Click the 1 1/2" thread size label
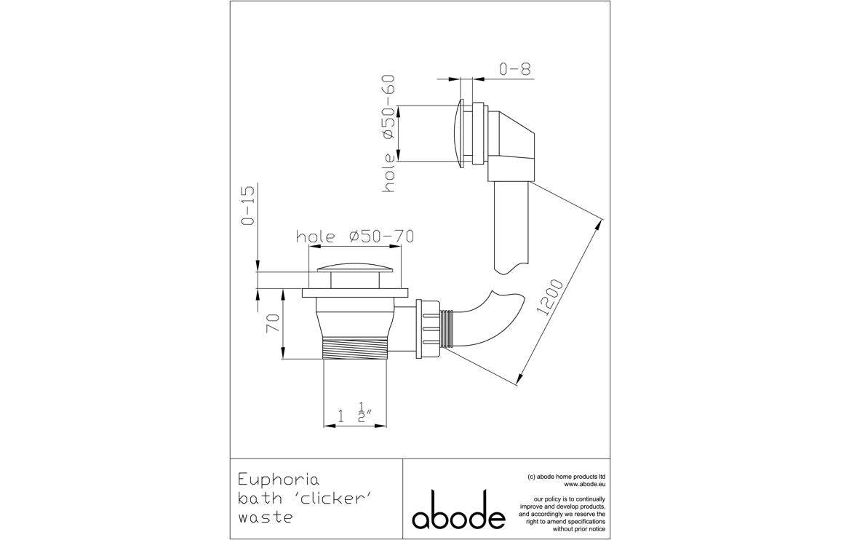(x=356, y=416)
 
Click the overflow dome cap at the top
(x=458, y=132)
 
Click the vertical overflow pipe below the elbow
(x=510, y=226)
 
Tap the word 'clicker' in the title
(x=322, y=499)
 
